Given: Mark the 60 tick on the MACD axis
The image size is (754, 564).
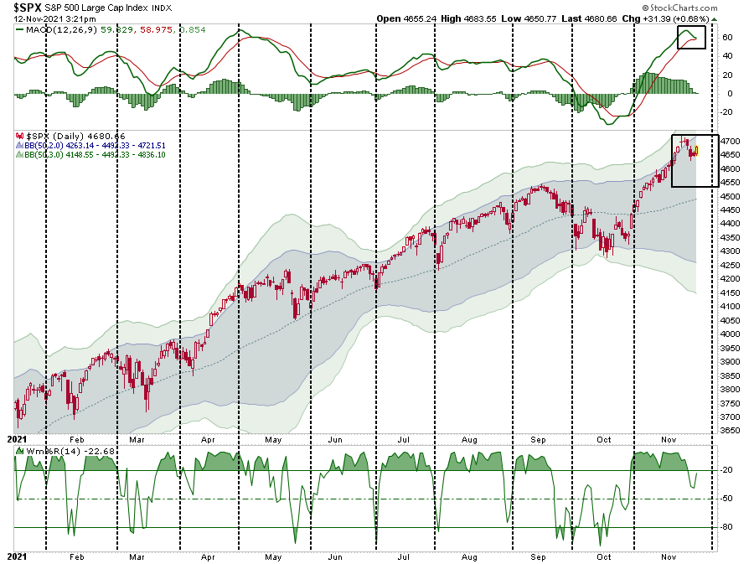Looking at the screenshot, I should (x=727, y=38).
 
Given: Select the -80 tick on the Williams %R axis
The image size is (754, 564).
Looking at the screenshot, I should (x=728, y=526).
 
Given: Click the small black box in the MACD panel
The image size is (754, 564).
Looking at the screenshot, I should (x=691, y=37).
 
